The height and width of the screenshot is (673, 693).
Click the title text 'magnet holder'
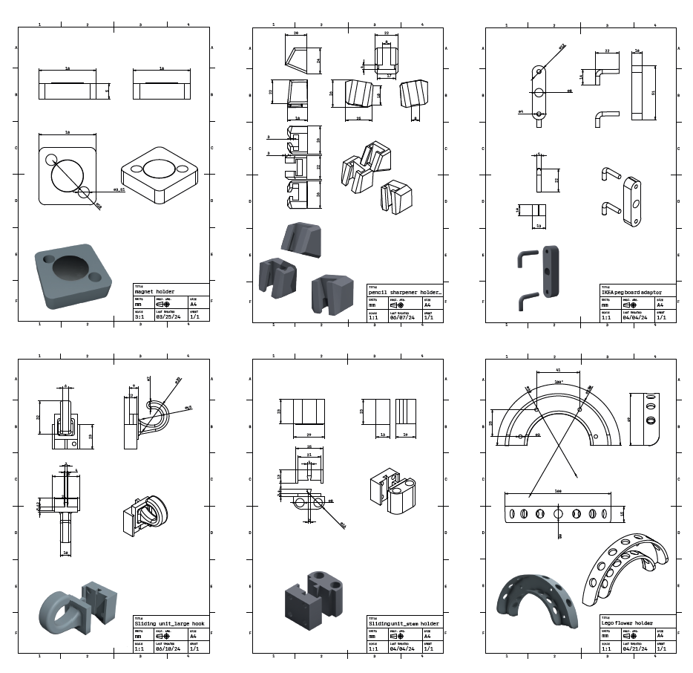pyautogui.click(x=154, y=292)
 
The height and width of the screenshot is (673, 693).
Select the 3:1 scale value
pyautogui.click(x=139, y=316)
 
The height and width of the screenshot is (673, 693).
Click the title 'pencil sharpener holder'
pyautogui.click(x=404, y=293)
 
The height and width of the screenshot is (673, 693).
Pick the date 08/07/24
pyautogui.click(x=399, y=316)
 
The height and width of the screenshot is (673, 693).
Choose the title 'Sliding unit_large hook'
pyautogui.click(x=169, y=623)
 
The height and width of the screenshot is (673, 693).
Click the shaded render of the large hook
pyautogui.click(x=76, y=606)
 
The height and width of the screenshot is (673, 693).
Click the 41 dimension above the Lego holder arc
pyautogui.click(x=557, y=369)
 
